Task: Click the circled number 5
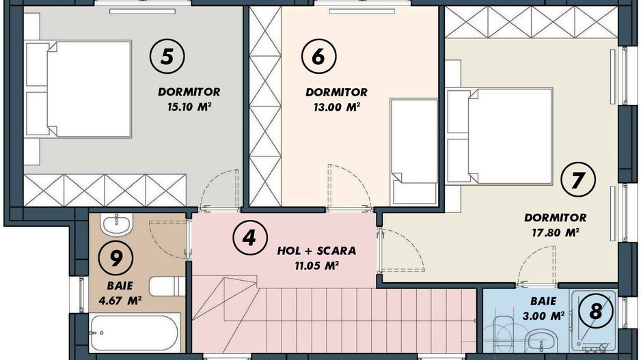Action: (x=167, y=56)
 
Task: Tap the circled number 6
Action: (x=319, y=56)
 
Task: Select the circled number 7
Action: (x=578, y=180)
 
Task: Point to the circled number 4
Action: (x=250, y=238)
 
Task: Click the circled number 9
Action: (x=116, y=258)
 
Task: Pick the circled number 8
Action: (x=596, y=311)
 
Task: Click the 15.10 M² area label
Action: (x=189, y=107)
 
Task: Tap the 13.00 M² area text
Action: (x=337, y=107)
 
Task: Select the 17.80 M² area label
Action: (x=555, y=232)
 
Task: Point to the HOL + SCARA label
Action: (x=316, y=251)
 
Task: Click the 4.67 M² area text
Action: (x=120, y=301)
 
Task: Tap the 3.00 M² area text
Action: (x=543, y=316)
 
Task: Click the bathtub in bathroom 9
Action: (x=134, y=333)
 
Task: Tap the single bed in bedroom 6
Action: (x=413, y=151)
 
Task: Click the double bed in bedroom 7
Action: (x=500, y=136)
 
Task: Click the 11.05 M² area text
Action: (x=316, y=266)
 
